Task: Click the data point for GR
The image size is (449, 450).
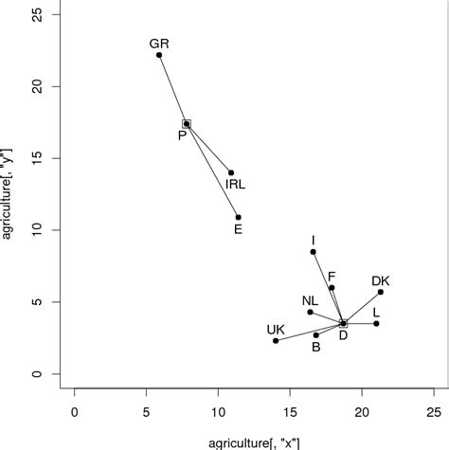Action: [x=159, y=55]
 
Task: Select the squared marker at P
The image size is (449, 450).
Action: [x=187, y=123]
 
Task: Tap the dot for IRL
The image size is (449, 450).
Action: [x=231, y=172]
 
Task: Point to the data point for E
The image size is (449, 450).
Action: [x=238, y=217]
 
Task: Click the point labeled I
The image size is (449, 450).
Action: [x=313, y=252]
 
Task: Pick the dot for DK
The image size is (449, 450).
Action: [x=381, y=292]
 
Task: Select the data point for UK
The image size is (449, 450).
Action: [x=276, y=341]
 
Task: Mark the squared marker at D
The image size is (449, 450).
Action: [x=343, y=324]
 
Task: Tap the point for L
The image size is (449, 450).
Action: [x=376, y=324]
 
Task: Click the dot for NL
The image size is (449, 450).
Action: [x=310, y=312]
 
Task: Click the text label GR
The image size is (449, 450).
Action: [x=159, y=44]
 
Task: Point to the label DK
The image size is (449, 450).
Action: [x=381, y=280]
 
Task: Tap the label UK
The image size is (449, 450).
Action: [x=276, y=330]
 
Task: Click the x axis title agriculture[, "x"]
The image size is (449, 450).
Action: [x=254, y=441]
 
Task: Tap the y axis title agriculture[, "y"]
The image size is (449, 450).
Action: [x=9, y=193]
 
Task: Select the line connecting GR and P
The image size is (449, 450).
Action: [x=172, y=89]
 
